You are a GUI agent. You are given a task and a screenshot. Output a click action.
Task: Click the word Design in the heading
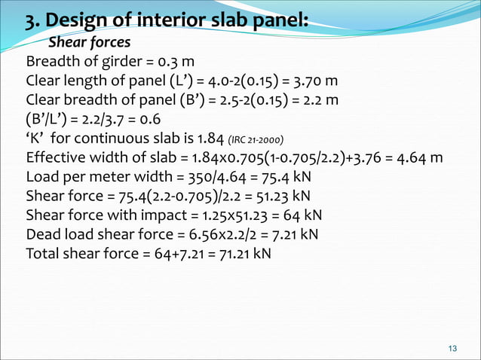coord(81,18)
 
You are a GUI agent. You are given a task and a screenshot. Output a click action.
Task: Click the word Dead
coord(43,234)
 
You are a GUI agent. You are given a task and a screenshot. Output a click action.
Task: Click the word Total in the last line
coord(44,254)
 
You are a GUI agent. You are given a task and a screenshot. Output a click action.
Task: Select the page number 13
coord(452,347)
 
